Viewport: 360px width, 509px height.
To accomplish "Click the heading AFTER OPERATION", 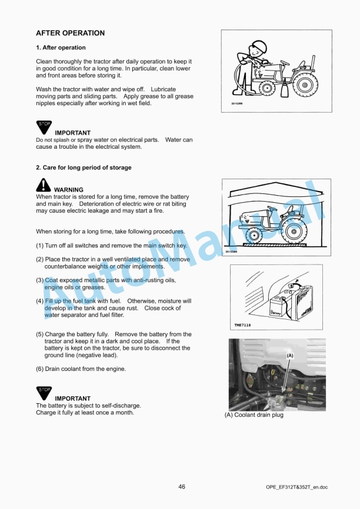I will (x=70, y=34).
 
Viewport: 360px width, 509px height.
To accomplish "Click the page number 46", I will (x=182, y=487).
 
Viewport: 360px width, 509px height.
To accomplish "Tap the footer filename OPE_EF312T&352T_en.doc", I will (x=296, y=487).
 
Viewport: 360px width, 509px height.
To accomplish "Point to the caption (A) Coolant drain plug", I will (x=254, y=415).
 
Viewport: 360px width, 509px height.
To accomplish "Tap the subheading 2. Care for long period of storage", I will (x=84, y=168).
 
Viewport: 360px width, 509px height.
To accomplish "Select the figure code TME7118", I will (x=242, y=325).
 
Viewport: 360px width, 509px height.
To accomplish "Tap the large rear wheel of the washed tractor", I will (x=305, y=85).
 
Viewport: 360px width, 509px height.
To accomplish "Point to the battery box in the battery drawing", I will (x=280, y=306).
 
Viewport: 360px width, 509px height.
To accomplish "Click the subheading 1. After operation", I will (x=61, y=48).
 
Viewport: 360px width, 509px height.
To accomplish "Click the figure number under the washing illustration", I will (x=230, y=105).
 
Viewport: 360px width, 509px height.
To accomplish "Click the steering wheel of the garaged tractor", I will (x=272, y=208).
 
